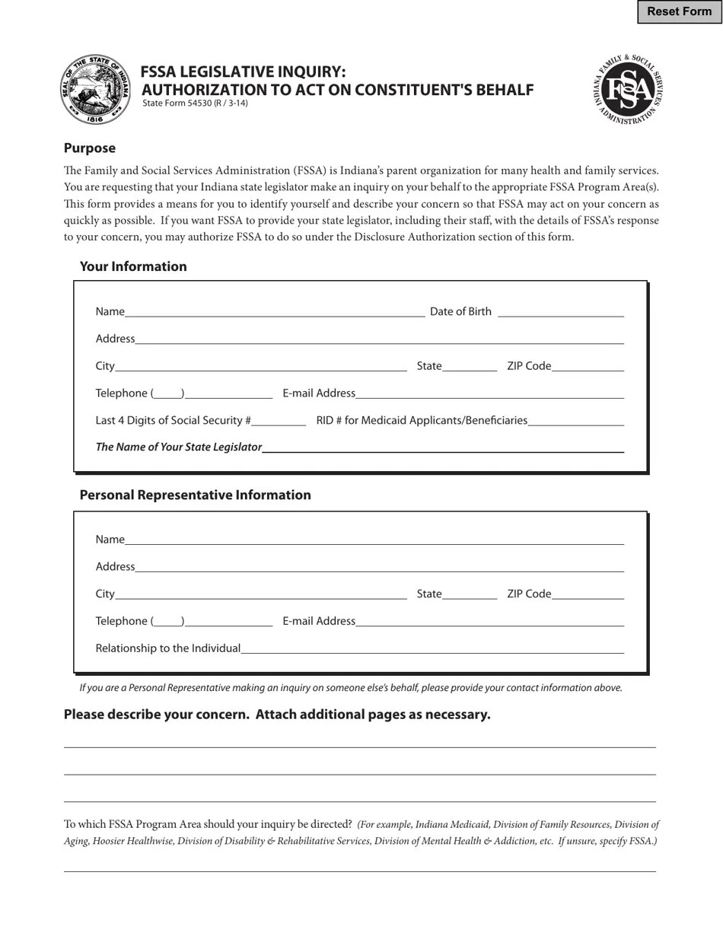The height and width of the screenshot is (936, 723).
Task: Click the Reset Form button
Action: (679, 11)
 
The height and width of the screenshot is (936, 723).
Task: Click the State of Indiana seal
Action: (95, 89)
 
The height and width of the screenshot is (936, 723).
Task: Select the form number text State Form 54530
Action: (195, 103)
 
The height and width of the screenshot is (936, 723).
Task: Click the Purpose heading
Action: (90, 148)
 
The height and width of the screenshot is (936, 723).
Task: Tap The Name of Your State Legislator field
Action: (443, 447)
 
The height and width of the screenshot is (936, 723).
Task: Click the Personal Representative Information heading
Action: (195, 495)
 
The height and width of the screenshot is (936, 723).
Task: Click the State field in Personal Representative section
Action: (470, 594)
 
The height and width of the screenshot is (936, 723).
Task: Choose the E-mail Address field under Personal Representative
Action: (489, 621)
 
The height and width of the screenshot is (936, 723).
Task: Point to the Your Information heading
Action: (133, 267)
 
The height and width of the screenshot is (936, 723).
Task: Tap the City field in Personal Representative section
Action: (261, 594)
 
